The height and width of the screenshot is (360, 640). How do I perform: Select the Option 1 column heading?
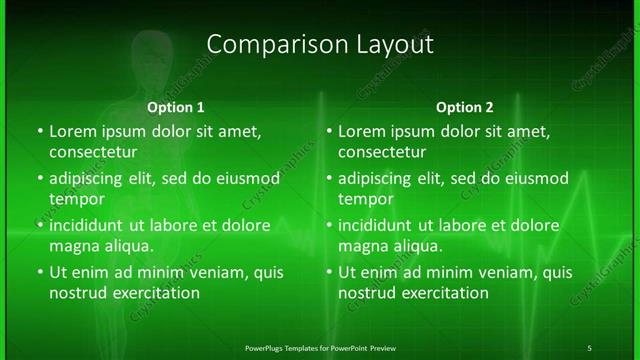(x=176, y=107)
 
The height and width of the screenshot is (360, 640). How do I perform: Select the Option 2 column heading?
(x=465, y=107)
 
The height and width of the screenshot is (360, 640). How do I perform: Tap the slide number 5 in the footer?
(x=590, y=348)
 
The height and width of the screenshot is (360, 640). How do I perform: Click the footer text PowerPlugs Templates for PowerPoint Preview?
(x=320, y=348)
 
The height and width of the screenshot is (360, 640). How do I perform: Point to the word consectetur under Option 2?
(x=382, y=152)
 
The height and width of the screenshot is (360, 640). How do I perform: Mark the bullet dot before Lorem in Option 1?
(x=40, y=132)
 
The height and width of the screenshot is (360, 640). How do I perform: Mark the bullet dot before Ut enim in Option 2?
(x=330, y=272)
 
